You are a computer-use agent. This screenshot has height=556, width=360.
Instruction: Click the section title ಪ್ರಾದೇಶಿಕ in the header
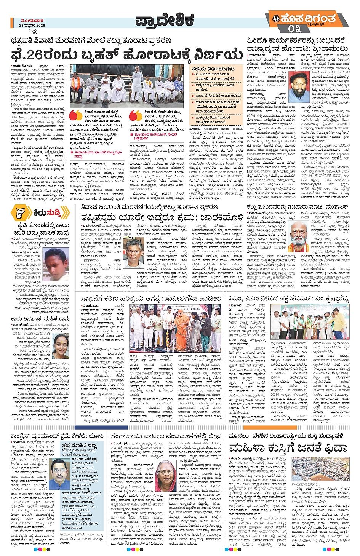(x=165, y=21)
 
